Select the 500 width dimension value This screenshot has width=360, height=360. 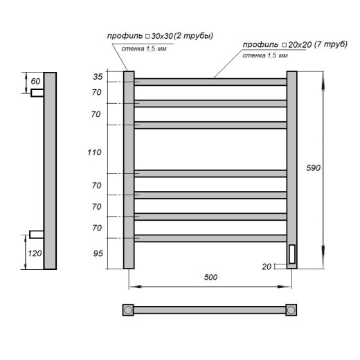[x=211, y=277]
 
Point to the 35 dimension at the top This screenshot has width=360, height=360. [x=97, y=77]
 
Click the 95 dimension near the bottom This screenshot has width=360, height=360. [x=97, y=253]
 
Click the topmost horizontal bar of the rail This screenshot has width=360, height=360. [x=210, y=82]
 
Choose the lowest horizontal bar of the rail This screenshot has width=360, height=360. [x=210, y=238]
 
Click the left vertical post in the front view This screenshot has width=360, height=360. [x=128, y=170]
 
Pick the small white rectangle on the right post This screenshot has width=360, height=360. [x=291, y=255]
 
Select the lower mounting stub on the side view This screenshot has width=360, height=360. [x=37, y=233]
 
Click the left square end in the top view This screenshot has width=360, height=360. [x=128, y=309]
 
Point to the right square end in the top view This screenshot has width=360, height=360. [x=291, y=309]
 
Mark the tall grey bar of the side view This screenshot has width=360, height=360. [x=50, y=170]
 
